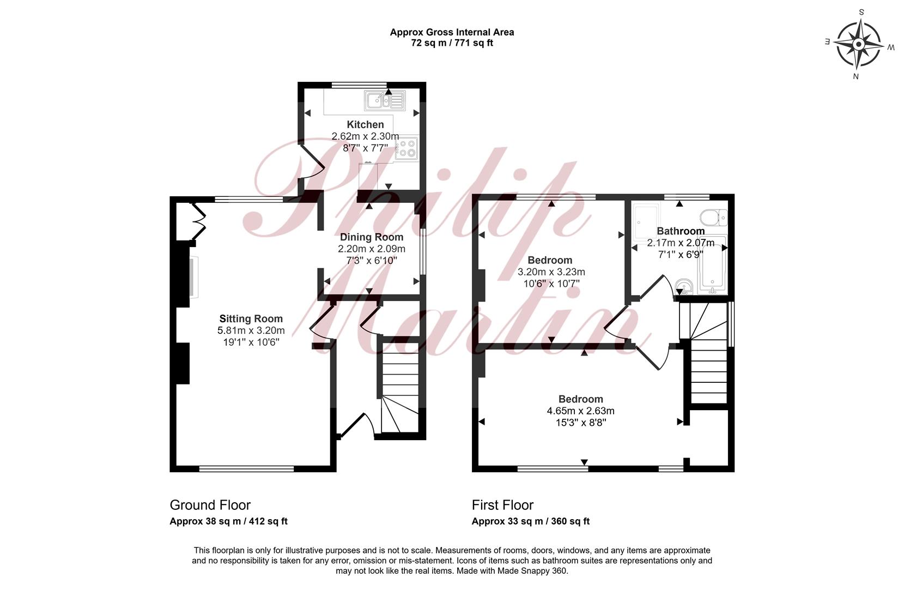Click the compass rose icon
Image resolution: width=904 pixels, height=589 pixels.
(x=859, y=44)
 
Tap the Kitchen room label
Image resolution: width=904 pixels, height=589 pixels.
(x=365, y=124)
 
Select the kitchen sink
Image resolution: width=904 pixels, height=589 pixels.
(x=385, y=100)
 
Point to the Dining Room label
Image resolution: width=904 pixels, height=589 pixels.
(x=371, y=237)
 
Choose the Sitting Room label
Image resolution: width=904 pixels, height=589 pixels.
(x=251, y=318)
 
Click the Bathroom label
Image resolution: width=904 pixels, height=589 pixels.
(x=681, y=231)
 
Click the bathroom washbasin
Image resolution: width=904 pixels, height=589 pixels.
(x=684, y=286)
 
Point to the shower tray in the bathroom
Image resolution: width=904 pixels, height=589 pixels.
(x=646, y=221)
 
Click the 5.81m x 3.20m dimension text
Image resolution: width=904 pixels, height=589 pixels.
(x=251, y=330)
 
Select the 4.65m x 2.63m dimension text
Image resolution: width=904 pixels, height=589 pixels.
(x=581, y=411)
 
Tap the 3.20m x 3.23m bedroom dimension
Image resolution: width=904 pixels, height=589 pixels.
(x=551, y=272)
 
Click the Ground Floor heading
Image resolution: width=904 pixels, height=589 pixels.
(x=210, y=505)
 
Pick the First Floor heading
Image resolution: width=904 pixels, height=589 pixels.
(x=502, y=505)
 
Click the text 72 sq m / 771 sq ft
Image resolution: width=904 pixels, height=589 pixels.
(x=452, y=43)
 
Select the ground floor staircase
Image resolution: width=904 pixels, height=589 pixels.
(x=399, y=388)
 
